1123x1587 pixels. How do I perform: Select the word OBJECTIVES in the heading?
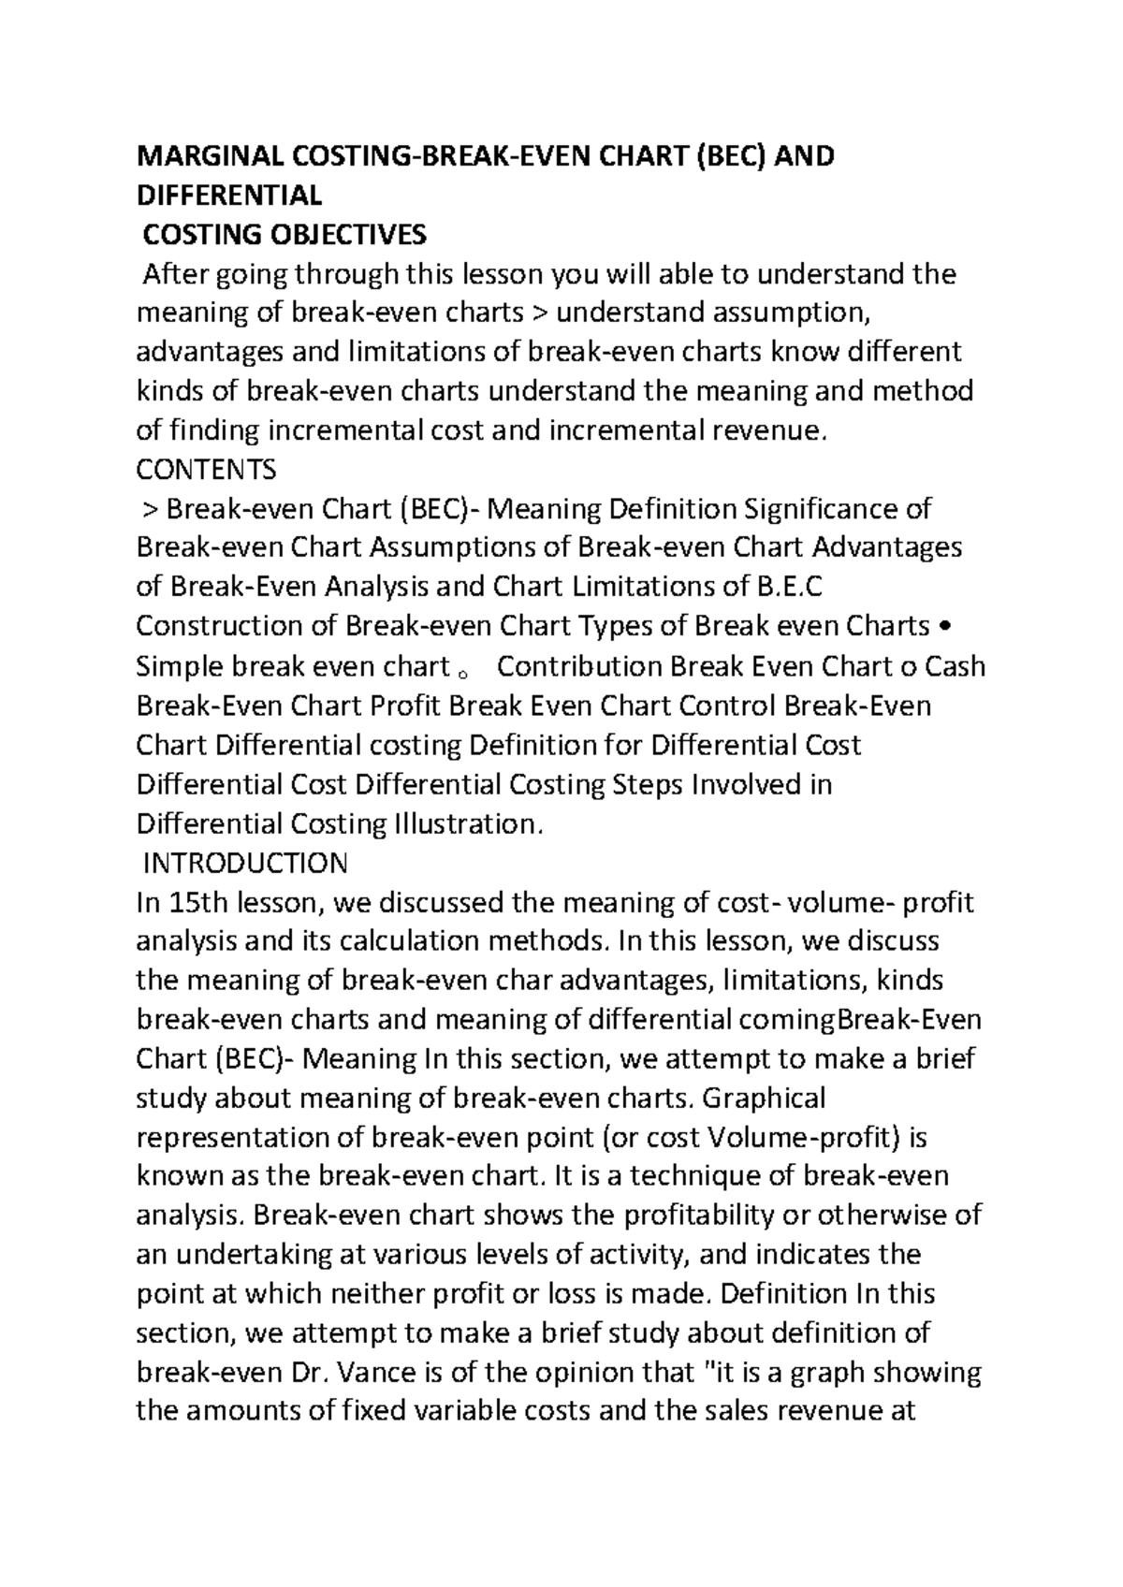[x=347, y=234]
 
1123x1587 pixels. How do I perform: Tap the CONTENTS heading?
[x=206, y=468]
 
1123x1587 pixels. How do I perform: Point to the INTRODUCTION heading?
[x=244, y=862]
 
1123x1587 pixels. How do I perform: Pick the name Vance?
[x=373, y=1374]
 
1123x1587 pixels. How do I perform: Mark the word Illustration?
[x=467, y=823]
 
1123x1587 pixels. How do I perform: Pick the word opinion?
[x=589, y=1374]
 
